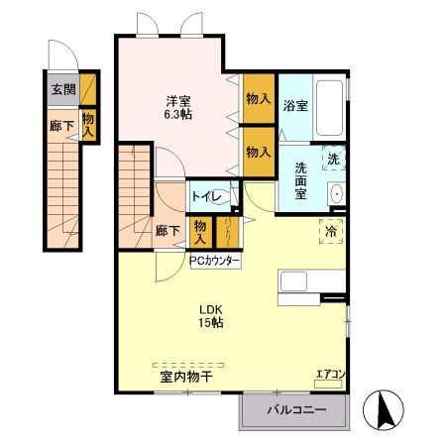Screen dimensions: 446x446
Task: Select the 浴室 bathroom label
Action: tap(294, 105)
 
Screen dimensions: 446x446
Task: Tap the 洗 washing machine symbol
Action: tap(333, 160)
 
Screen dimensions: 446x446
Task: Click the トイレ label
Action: tap(206, 197)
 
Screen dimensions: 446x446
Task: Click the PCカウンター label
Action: tap(215, 261)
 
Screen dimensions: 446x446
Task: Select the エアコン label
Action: tap(330, 374)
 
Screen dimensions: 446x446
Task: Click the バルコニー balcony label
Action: tap(295, 410)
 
